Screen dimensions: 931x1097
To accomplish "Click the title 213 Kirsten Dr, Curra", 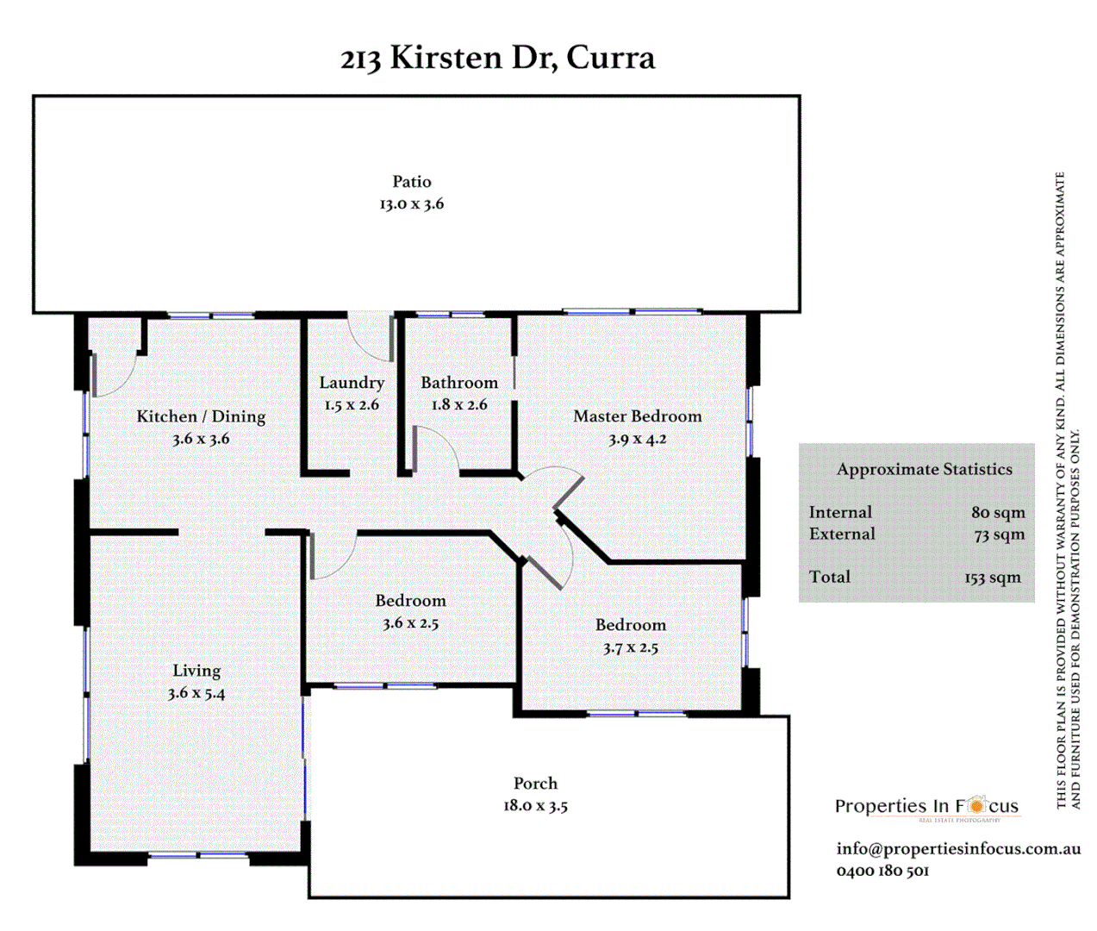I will pyautogui.click(x=497, y=58).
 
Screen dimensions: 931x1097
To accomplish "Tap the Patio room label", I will pyautogui.click(x=412, y=181).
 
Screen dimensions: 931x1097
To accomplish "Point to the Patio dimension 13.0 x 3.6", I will pyautogui.click(x=412, y=204).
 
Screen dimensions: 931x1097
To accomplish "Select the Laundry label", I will pyautogui.click(x=352, y=382).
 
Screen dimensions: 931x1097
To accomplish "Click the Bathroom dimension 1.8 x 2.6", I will pyautogui.click(x=459, y=404).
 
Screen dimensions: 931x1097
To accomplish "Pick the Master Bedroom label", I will pyautogui.click(x=638, y=416).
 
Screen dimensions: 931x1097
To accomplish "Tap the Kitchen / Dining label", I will pyautogui.click(x=201, y=416).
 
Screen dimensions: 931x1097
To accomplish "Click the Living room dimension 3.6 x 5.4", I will pyautogui.click(x=196, y=693).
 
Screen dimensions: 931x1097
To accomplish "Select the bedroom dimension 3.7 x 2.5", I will pyautogui.click(x=631, y=647).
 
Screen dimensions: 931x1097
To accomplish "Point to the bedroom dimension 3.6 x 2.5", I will pyautogui.click(x=411, y=623).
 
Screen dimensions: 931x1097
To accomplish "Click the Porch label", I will pyautogui.click(x=535, y=783).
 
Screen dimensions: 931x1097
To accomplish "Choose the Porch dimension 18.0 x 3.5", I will pyautogui.click(x=535, y=806).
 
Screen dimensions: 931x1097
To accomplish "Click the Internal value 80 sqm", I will pyautogui.click(x=998, y=512).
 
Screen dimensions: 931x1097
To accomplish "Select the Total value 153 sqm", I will pyautogui.click(x=993, y=578).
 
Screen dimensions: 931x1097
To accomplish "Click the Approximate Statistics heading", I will pyautogui.click(x=924, y=470).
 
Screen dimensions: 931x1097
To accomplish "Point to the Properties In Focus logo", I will pyautogui.click(x=926, y=807).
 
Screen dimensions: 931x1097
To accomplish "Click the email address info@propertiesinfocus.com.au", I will pyautogui.click(x=958, y=848).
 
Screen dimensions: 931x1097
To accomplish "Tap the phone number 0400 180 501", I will pyautogui.click(x=882, y=871).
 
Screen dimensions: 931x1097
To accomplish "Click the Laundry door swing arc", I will pyautogui.click(x=370, y=341).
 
